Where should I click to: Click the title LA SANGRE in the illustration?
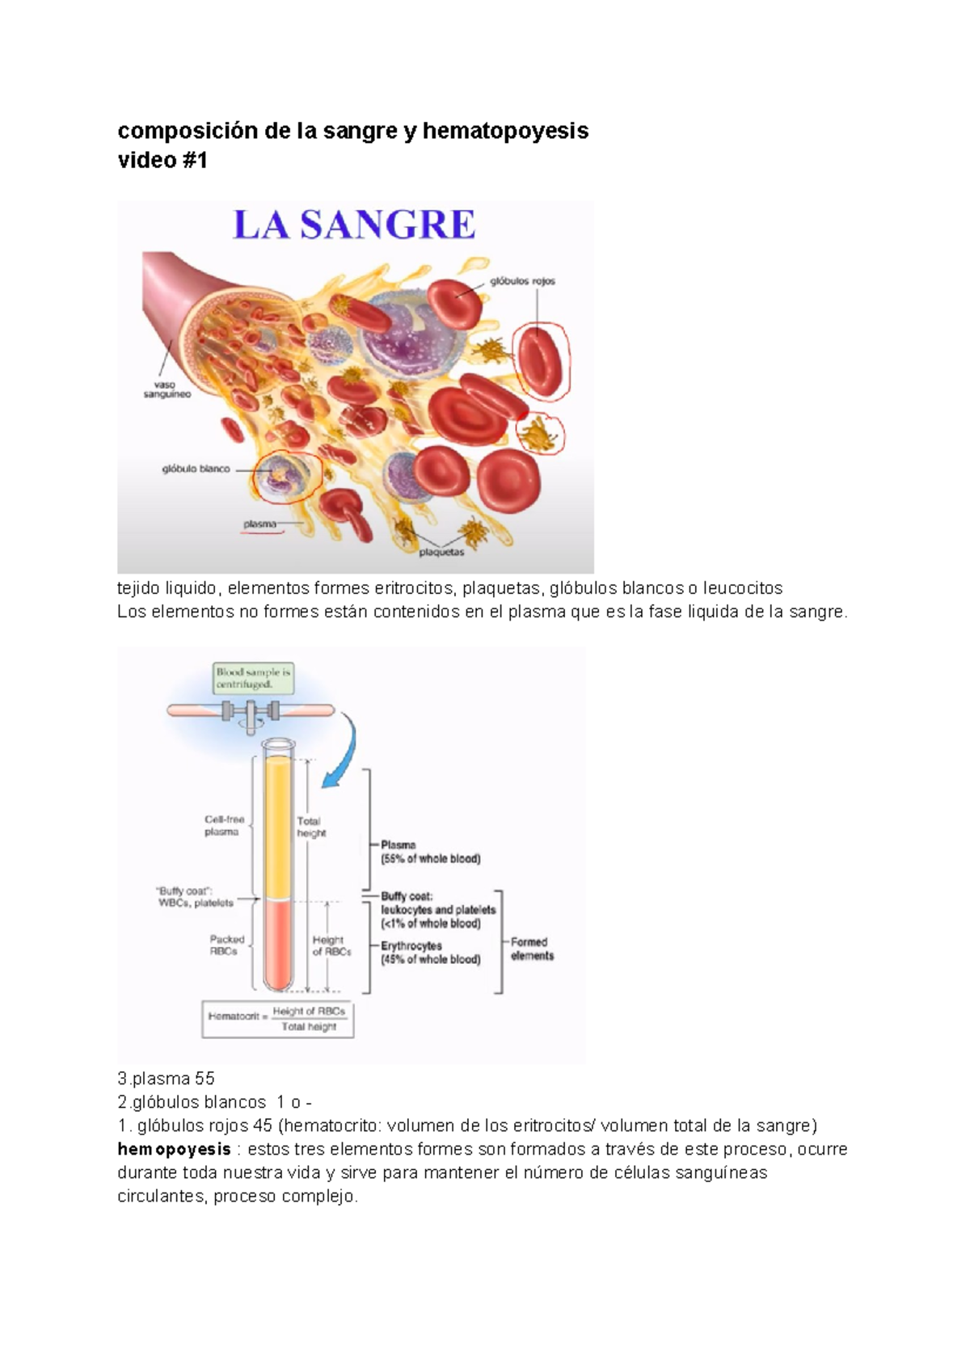pos(354,225)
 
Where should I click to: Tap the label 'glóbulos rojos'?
pos(522,281)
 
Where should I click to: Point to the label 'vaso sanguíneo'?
pos(167,389)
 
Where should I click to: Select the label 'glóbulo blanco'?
pos(196,469)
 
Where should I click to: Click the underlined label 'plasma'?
pos(260,524)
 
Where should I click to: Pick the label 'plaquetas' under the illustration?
pos(441,553)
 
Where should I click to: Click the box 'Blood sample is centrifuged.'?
pos(253,678)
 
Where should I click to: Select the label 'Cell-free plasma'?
pos(224,825)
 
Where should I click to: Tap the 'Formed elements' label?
pos(532,949)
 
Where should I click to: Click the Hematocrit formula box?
pos(277,1019)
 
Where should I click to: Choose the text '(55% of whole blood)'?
pos(431,859)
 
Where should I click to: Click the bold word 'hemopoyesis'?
pos(174,1149)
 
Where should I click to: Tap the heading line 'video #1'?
pos(162,160)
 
